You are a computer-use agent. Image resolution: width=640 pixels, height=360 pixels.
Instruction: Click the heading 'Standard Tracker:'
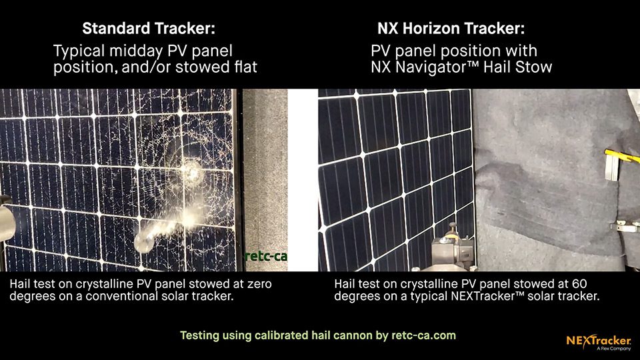149,29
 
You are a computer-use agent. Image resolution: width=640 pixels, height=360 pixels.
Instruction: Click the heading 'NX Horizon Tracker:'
451,29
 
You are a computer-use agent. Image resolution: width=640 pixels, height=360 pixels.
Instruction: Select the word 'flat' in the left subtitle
246,67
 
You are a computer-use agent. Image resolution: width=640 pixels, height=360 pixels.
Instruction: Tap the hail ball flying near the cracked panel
144,241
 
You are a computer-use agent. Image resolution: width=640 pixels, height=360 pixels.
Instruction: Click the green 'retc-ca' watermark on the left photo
266,256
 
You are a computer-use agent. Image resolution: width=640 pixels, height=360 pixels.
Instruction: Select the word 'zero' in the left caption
259,284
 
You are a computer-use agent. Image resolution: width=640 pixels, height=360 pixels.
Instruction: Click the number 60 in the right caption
579,284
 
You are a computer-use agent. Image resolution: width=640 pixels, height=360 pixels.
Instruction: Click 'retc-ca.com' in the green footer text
424,335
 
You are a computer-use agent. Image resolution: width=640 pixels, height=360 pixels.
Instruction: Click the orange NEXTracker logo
599,342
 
